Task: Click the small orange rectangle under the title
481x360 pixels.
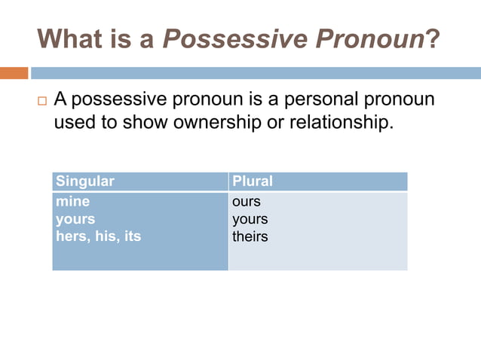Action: coord(14,73)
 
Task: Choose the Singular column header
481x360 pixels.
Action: coord(85,182)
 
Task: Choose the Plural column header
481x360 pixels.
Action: coord(253,182)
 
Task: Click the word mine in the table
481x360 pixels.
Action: coord(72,203)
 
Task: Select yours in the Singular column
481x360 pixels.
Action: coord(75,219)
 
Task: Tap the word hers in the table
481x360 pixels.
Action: coord(72,236)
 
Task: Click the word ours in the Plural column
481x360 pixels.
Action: coord(247,203)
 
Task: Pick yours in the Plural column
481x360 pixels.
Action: coord(250,219)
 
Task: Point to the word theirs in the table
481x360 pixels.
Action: coord(250,236)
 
